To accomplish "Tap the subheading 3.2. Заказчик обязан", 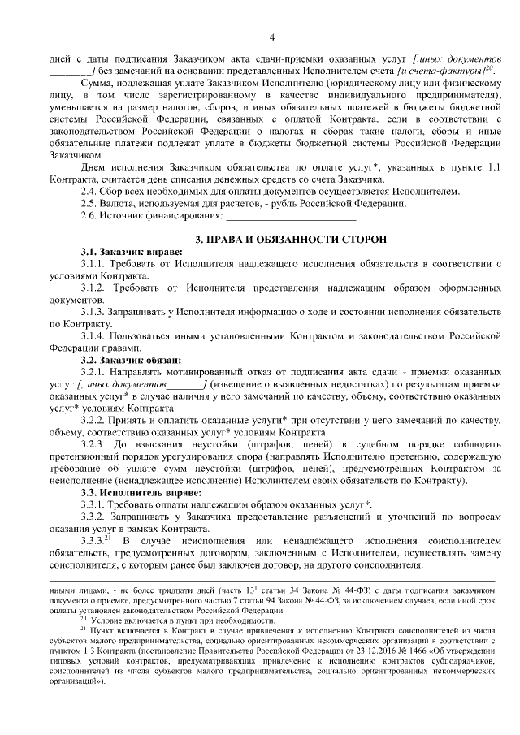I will (130, 359).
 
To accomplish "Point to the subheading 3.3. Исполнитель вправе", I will (135, 492).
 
